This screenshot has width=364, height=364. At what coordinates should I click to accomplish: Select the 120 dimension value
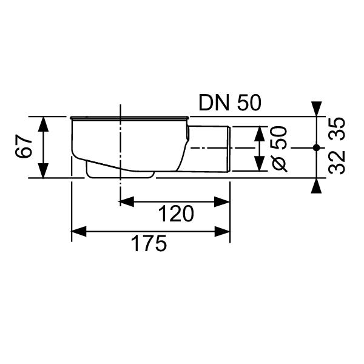coord(176,214)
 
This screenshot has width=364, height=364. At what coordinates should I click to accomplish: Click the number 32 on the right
coord(339,163)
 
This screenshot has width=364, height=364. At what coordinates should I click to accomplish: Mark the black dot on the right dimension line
coord(316,147)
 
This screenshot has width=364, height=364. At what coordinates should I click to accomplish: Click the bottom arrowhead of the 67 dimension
coord(44,171)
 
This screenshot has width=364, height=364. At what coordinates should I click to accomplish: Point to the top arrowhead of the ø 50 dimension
coord(260,133)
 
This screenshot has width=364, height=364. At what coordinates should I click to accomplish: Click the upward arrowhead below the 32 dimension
coord(316,186)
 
